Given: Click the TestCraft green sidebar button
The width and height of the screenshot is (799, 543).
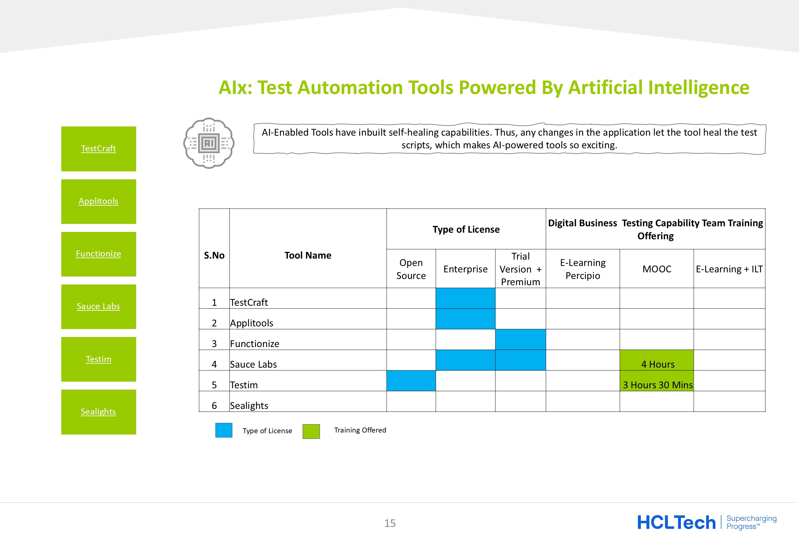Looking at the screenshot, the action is [x=99, y=149].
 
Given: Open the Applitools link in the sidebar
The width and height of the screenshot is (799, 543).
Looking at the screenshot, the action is [x=99, y=201].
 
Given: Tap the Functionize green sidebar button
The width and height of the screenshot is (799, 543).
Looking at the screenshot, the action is [x=99, y=254].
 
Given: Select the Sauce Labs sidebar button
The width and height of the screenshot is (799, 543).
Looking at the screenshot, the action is [x=99, y=306].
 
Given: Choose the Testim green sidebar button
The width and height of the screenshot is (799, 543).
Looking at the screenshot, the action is [x=99, y=359].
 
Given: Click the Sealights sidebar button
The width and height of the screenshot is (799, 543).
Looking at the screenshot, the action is [x=99, y=412].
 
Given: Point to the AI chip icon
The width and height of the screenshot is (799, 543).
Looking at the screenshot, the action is [x=209, y=143].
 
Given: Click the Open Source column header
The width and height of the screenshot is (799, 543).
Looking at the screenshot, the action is [x=411, y=269].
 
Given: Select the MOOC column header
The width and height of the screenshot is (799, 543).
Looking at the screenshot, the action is [x=657, y=269].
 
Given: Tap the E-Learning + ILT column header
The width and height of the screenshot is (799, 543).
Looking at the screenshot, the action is [x=729, y=269].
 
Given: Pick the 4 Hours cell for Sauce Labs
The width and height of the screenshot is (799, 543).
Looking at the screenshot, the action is [x=657, y=360].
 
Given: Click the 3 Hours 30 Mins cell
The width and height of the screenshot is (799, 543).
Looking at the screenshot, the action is [x=657, y=381].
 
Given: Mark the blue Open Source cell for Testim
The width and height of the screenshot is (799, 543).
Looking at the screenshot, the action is [x=411, y=381].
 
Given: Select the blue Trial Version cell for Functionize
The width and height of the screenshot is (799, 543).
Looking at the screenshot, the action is [x=521, y=340].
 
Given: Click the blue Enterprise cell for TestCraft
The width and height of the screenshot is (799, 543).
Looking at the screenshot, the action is [x=465, y=298].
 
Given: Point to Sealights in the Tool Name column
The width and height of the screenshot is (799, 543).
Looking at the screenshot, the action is [x=249, y=406].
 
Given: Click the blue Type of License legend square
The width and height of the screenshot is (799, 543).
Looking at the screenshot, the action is [x=224, y=430].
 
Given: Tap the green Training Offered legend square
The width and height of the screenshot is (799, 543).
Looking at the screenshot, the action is [x=311, y=431].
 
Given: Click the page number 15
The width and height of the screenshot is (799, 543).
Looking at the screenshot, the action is [x=390, y=523].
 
